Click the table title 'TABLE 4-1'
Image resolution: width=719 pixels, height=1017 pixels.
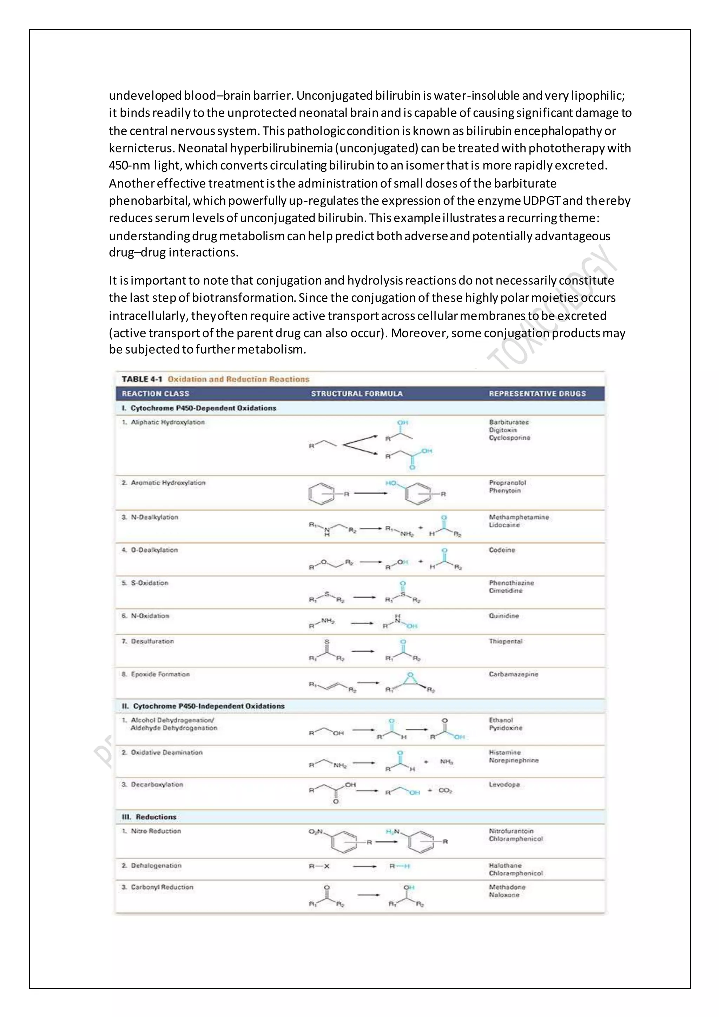[142, 379]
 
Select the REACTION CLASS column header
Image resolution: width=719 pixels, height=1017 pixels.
[156, 394]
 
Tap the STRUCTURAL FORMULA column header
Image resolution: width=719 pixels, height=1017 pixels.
[357, 394]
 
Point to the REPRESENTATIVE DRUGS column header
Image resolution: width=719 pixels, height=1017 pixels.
[537, 394]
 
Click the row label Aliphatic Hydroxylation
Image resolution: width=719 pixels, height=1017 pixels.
[167, 422]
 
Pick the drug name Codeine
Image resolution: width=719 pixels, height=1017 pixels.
[502, 550]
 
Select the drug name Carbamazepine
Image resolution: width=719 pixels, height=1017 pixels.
[513, 674]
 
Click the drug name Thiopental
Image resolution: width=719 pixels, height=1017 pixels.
[506, 641]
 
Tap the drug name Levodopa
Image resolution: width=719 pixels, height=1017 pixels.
[504, 785]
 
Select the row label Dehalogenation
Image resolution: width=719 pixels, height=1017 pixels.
[156, 866]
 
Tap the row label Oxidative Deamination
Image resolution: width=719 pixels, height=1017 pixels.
[166, 753]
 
